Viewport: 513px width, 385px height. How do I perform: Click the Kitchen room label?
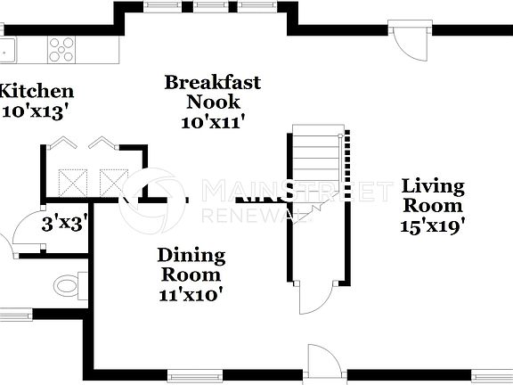(36, 91)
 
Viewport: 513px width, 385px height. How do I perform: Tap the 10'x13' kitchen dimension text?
(36, 112)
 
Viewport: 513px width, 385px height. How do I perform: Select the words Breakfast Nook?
(213, 92)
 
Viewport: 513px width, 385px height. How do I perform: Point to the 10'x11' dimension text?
(213, 121)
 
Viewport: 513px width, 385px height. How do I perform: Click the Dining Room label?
(191, 265)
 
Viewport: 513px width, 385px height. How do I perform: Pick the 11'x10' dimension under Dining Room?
(191, 293)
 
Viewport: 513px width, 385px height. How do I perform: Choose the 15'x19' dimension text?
(433, 225)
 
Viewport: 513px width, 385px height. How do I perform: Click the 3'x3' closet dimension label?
(63, 224)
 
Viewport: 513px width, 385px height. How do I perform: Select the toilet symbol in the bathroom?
(69, 286)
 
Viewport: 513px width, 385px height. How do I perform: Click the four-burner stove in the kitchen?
(61, 47)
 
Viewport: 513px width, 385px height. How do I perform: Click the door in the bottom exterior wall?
(323, 361)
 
